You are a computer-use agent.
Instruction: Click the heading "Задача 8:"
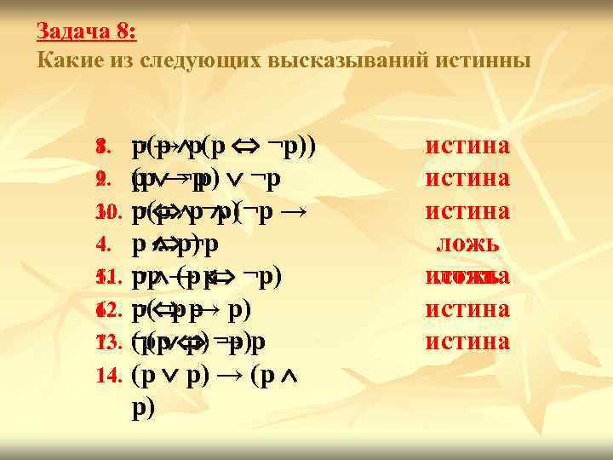tap(86, 32)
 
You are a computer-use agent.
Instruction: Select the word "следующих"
tap(201, 60)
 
